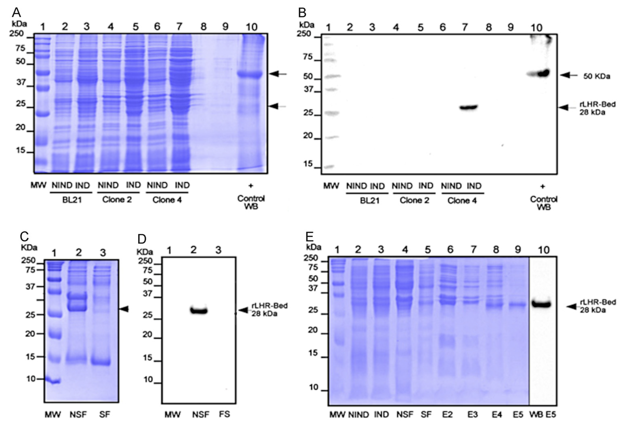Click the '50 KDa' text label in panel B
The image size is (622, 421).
point(597,76)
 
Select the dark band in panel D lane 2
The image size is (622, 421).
point(199,311)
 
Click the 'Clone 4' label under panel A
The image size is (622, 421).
point(167,200)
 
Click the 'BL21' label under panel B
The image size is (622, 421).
point(370,201)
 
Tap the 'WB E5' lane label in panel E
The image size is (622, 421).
point(543,415)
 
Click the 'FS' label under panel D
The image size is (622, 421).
point(224,414)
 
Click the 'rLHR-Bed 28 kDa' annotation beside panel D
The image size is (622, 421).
point(269,309)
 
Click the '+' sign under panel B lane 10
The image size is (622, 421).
point(542,186)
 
